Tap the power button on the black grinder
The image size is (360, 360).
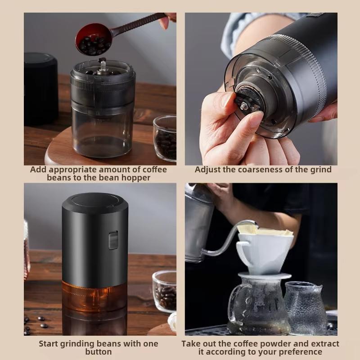coord(113,239)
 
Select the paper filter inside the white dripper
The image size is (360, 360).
coord(265,231)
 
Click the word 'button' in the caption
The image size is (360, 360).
coord(98,352)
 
